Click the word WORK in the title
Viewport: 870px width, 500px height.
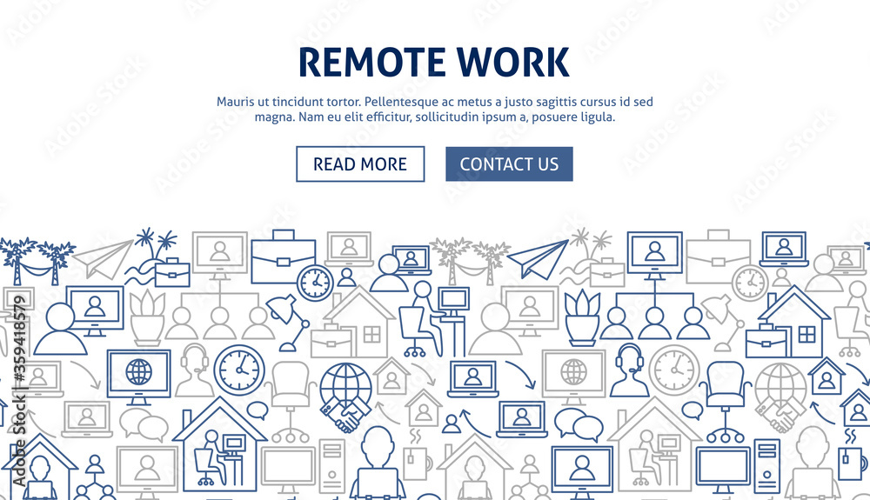coord(513,62)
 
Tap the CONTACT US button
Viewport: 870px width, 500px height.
coord(509,164)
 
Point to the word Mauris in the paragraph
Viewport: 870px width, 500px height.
coord(233,102)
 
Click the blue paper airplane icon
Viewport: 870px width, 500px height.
coord(537,259)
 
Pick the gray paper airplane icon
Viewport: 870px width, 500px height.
coord(104,259)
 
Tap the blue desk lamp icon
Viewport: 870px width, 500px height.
coord(287,323)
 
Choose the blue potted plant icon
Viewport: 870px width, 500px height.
coord(582,317)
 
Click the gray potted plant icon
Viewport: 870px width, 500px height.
coord(147,317)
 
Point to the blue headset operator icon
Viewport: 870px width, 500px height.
coord(629,370)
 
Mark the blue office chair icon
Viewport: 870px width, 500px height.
coord(725,400)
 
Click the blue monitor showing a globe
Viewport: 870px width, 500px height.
coord(138,377)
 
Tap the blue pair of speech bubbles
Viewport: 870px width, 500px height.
coord(579,424)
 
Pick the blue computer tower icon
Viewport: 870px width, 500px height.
coord(766,465)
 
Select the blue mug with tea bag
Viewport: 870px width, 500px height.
coord(851,457)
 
